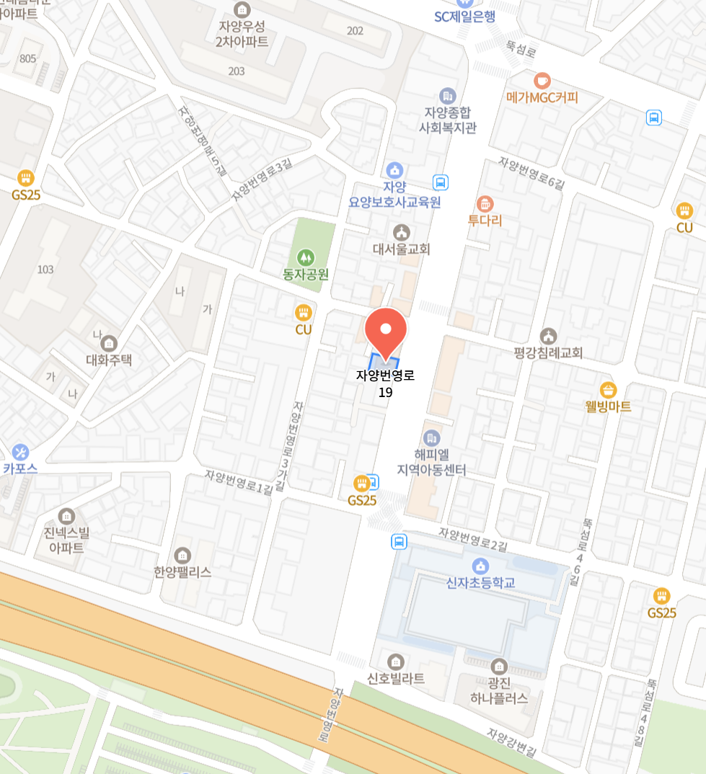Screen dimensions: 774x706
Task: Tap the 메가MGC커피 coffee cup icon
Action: [542, 80]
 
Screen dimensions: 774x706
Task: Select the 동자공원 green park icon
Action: [306, 257]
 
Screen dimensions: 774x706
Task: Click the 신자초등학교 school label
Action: [480, 583]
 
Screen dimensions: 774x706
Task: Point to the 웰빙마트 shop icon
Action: [608, 390]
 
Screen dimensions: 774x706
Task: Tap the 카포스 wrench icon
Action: [20, 452]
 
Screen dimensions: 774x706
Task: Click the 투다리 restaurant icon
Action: [485, 204]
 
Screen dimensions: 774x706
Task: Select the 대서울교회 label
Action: [401, 249]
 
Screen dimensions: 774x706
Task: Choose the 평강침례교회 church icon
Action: [548, 336]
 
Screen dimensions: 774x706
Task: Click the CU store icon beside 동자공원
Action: [303, 312]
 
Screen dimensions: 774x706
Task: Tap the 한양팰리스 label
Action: [182, 572]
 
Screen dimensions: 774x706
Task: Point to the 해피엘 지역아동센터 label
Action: [431, 462]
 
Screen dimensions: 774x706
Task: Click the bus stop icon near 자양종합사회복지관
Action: [440, 182]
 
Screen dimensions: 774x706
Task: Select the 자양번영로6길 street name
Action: [531, 174]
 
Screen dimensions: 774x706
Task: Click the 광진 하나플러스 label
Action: [498, 690]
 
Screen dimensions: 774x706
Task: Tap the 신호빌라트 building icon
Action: [395, 661]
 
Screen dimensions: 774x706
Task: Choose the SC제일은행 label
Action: [464, 17]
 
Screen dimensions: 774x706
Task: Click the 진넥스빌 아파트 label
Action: [66, 540]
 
